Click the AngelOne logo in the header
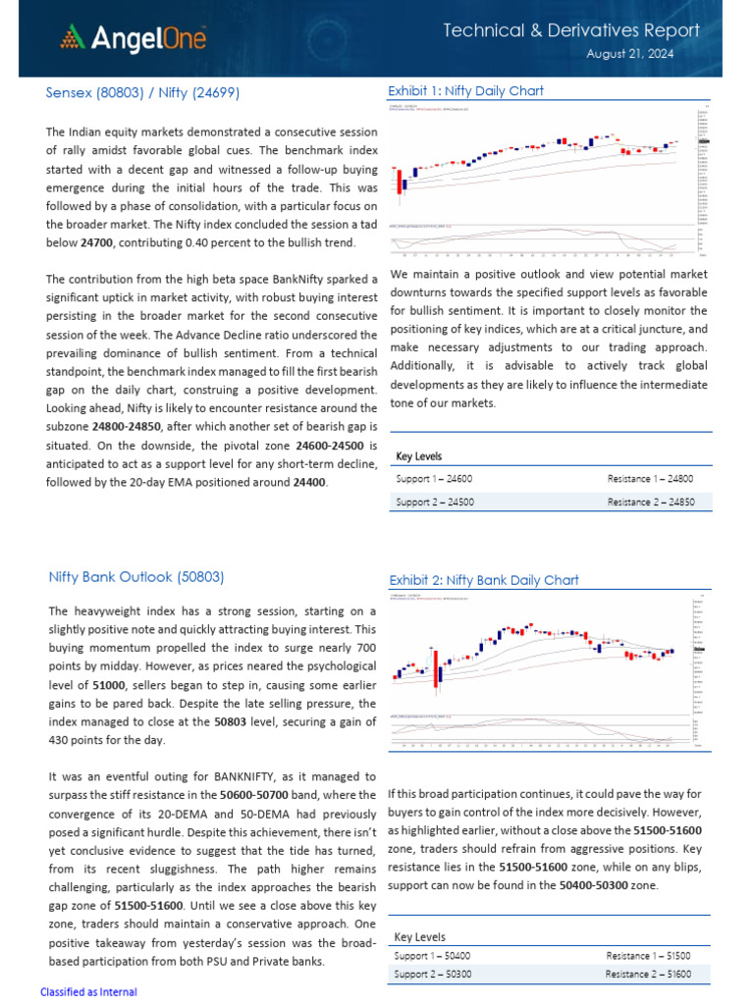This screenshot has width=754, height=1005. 133,38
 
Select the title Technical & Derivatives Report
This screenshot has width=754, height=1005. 571,30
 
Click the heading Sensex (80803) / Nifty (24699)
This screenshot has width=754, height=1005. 142,92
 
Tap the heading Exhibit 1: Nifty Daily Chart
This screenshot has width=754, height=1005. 466,90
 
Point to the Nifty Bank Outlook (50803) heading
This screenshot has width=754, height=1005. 136,577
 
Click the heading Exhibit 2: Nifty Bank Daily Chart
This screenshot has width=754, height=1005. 484,580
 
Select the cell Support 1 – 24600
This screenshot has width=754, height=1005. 434,478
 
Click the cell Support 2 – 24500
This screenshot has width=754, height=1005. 434,502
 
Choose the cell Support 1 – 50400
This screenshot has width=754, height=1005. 432,955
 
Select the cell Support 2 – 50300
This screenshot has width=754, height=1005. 432,975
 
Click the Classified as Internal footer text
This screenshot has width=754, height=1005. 88,992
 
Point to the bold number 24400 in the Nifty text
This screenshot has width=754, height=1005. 309,483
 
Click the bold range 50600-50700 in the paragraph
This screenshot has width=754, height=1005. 254,794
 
